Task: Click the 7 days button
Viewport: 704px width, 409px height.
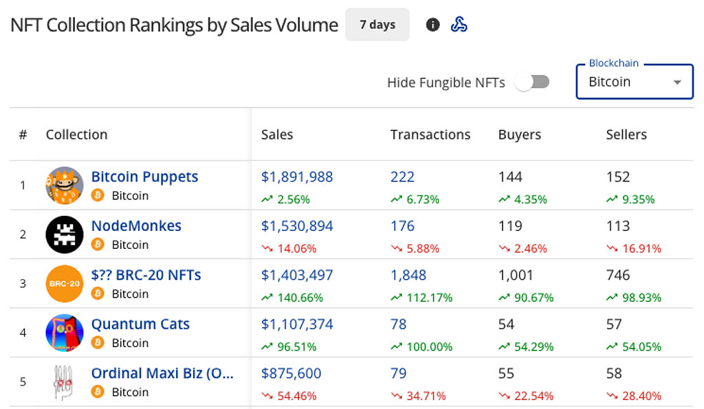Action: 377,25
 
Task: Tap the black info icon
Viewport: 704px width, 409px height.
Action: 432,25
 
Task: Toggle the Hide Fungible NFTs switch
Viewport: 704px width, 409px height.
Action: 533,82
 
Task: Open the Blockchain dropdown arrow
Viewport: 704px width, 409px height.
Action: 677,82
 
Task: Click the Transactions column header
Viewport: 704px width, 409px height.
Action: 430,135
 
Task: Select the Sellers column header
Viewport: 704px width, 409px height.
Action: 626,135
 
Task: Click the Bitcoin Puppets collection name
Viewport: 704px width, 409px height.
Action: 144,177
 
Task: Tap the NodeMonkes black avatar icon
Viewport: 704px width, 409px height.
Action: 65,234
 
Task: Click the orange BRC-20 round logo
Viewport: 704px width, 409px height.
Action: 65,283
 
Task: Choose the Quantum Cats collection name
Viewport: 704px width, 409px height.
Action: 140,324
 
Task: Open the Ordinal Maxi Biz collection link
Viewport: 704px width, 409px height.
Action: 162,373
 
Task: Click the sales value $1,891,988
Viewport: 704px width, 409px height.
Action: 297,177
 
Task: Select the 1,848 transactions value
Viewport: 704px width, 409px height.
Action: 408,275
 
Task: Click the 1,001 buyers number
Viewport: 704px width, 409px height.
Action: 516,275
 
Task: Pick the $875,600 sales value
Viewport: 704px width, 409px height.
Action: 291,373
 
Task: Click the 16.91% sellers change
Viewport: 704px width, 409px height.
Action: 633,249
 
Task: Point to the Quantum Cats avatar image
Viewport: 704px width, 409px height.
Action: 65,333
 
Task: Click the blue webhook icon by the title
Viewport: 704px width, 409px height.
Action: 459,25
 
